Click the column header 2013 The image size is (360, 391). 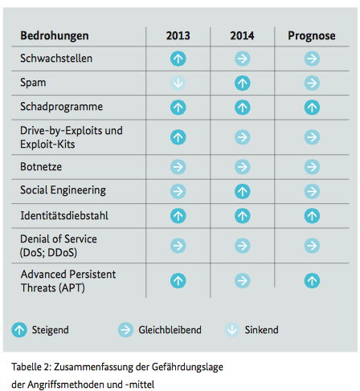tap(178, 35)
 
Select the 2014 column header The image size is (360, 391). tap(242, 35)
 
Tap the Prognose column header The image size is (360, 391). tap(312, 36)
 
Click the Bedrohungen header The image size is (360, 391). tap(55, 36)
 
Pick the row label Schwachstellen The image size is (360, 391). tap(56, 59)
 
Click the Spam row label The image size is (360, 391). tap(33, 83)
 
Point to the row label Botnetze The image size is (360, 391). tap(41, 167)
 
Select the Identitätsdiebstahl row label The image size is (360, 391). tap(64, 216)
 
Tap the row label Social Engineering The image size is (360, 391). tap(63, 190)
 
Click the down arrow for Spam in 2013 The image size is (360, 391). tap(178, 83)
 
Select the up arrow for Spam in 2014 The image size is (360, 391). tap(243, 83)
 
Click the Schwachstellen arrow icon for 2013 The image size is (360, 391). tap(178, 59)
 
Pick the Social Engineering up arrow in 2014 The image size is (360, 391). tap(243, 191)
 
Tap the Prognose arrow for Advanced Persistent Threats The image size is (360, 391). tap(312, 281)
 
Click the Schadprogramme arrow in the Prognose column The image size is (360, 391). tap(312, 108)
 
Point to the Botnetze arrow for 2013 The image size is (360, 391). tap(178, 167)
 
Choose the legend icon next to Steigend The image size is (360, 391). tap(19, 330)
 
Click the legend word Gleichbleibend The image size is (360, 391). tap(170, 330)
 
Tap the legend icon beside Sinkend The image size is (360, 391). tap(232, 330)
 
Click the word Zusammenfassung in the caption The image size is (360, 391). tap(93, 367)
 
